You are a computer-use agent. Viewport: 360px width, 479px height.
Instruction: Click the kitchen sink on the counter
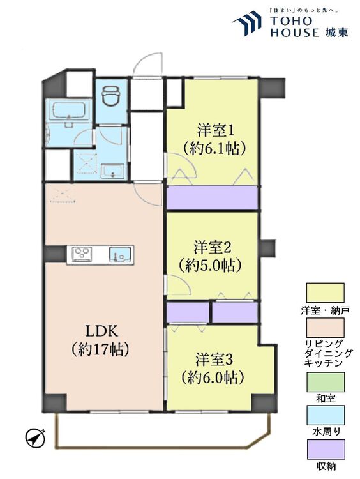pyautogui.click(x=119, y=254)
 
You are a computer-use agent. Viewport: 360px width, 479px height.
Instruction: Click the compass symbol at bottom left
pyautogui.click(x=35, y=438)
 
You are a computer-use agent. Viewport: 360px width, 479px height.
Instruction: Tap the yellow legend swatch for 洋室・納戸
pyautogui.click(x=325, y=293)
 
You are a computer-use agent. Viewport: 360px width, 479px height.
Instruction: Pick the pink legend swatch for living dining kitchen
pyautogui.click(x=325, y=328)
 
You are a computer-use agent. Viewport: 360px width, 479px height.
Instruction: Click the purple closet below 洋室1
pyautogui.click(x=211, y=198)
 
